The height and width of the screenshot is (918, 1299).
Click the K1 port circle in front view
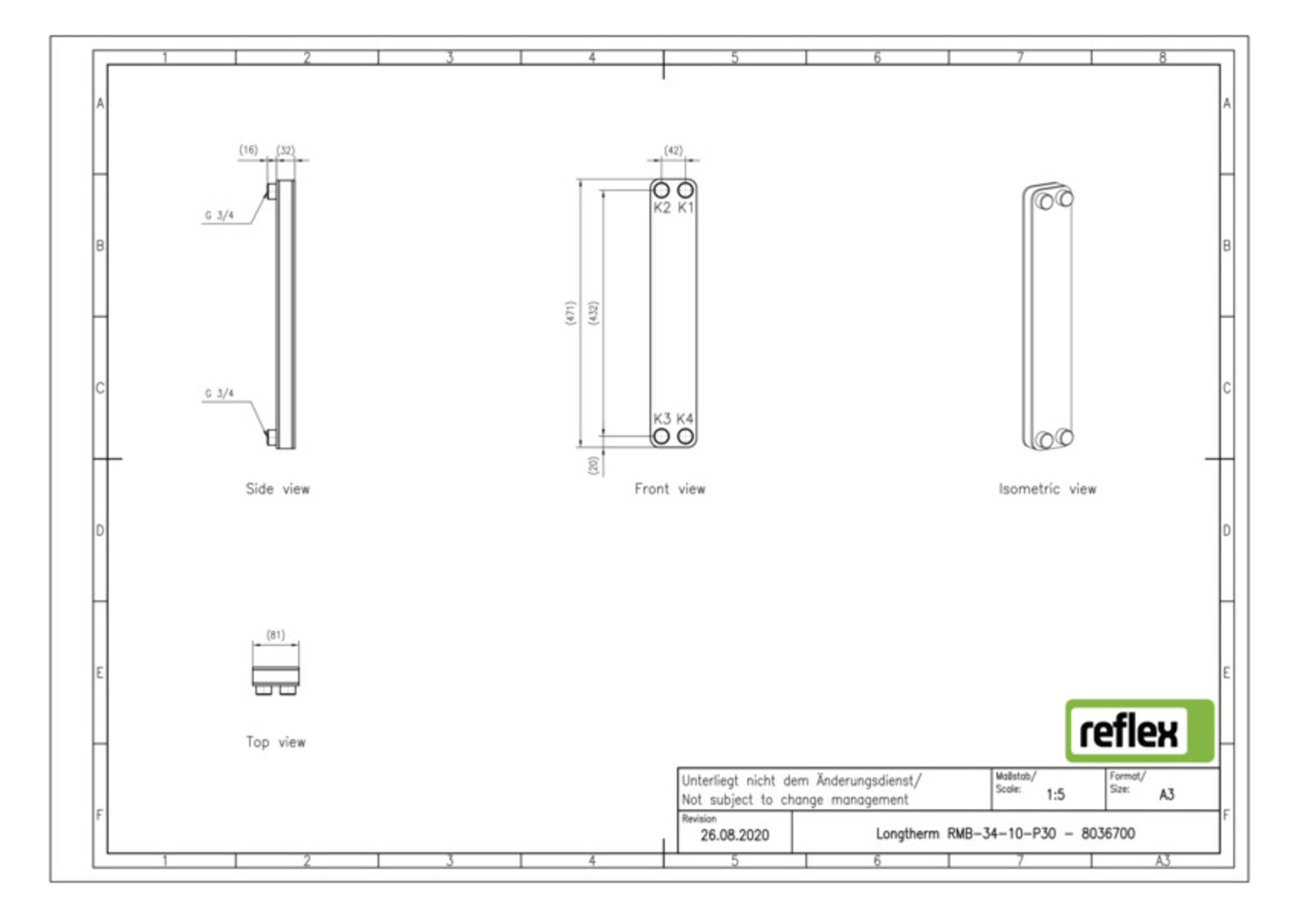tap(685, 190)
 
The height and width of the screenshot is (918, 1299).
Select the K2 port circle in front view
tap(662, 190)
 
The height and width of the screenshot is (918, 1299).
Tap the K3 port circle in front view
tap(662, 436)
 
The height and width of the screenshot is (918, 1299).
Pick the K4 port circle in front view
tap(685, 436)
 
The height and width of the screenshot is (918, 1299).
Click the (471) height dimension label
tap(570, 313)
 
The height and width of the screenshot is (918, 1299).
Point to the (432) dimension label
tap(593, 313)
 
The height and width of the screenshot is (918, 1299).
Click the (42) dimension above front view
tap(673, 151)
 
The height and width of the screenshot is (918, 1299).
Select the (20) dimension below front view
tap(593, 465)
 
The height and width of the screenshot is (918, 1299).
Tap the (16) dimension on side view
tap(249, 150)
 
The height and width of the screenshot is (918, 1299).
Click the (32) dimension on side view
tap(285, 151)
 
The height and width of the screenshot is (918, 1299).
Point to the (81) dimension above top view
tap(275, 635)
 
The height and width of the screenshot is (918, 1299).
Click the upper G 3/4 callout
tap(219, 215)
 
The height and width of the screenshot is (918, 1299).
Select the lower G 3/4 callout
tap(219, 393)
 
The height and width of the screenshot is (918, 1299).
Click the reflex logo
tap(1138, 731)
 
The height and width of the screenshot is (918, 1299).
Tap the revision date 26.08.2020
tap(734, 835)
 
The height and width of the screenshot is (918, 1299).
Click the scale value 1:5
tap(1055, 794)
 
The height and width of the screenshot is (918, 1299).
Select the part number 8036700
tap(1107, 833)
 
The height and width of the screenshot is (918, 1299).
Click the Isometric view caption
tap(1047, 489)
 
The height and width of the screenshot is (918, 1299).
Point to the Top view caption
tap(275, 742)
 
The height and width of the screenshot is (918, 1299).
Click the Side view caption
tap(277, 489)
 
